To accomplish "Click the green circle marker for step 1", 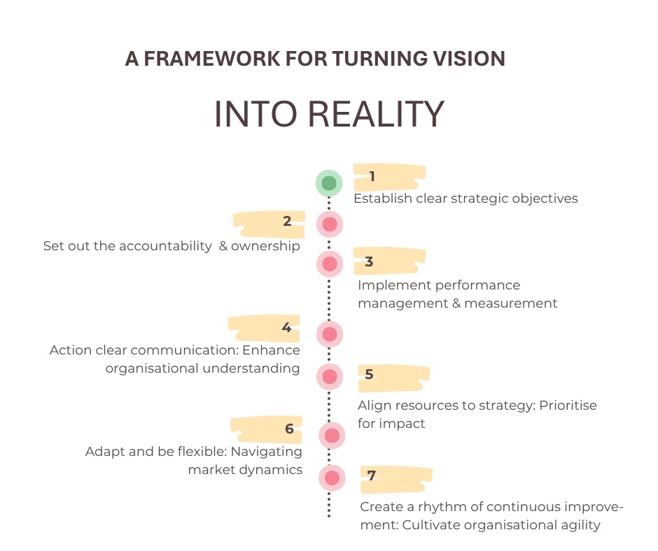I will click(x=329, y=183).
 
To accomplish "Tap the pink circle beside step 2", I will click(x=329, y=224).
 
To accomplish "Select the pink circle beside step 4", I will click(x=330, y=334).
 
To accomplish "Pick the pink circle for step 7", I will click(x=332, y=478).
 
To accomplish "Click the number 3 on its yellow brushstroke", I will click(x=369, y=262).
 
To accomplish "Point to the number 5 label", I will click(x=369, y=374).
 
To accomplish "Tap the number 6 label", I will click(x=289, y=429).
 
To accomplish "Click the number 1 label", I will click(x=372, y=176).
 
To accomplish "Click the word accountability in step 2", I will click(x=165, y=246).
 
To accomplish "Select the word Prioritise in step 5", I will click(x=568, y=406).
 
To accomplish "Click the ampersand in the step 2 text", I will click(x=224, y=246).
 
